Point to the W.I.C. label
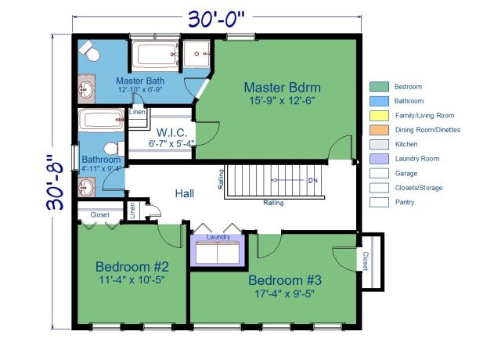[171, 132]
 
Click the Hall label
[184, 193]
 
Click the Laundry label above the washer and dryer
[218, 236]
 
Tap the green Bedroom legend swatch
[380, 86]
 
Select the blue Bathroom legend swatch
[380, 101]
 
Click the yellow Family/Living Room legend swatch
[380, 115]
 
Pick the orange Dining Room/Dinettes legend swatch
[380, 130]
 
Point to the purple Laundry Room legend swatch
[380, 159]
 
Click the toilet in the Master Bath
[90, 52]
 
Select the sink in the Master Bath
[86, 91]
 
